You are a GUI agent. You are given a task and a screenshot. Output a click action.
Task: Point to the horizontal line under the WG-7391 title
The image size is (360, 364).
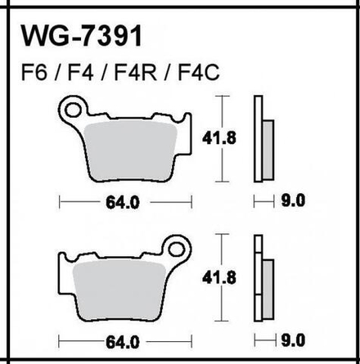180,53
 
